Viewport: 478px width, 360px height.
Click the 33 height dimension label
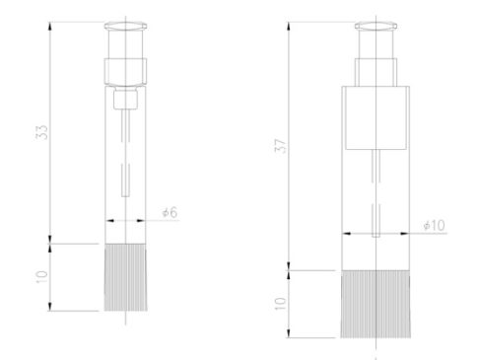[x=41, y=132]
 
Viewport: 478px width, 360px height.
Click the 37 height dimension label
[x=281, y=146]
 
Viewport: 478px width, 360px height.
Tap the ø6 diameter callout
[x=170, y=212]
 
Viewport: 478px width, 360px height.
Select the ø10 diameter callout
[x=435, y=226]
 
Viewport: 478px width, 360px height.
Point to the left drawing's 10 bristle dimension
[x=41, y=277]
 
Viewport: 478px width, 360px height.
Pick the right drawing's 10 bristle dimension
[x=281, y=304]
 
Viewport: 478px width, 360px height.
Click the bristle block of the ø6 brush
[x=125, y=277]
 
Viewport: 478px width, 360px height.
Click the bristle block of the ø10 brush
[x=376, y=304]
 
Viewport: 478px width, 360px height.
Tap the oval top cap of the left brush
[x=125, y=27]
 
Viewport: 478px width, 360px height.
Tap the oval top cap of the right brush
[x=376, y=27]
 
